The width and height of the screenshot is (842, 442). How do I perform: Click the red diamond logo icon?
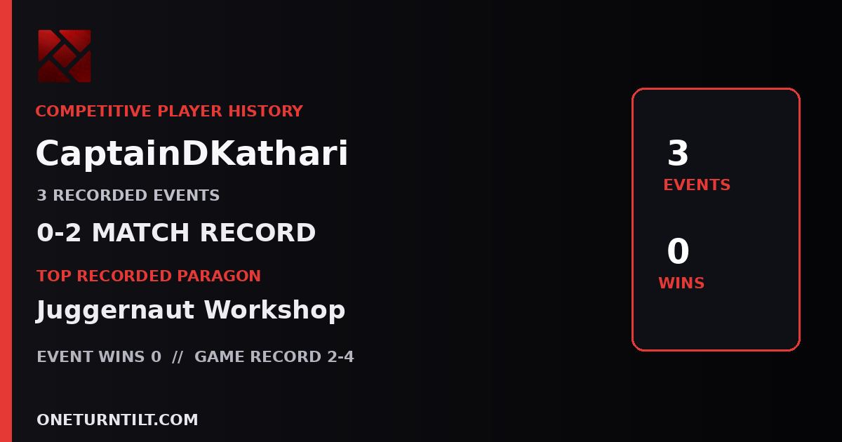coord(65,56)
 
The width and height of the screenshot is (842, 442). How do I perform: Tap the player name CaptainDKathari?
coord(192,154)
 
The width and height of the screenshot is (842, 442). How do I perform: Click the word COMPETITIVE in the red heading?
coord(93,112)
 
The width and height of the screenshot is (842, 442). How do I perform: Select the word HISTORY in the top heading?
coord(266,112)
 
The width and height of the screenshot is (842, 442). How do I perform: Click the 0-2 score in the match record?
coord(59,232)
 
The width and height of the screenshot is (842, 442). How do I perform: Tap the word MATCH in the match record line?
coord(140,232)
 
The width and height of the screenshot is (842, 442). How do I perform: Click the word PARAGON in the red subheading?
coord(219,276)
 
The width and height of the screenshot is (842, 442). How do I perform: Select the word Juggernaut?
coord(115,310)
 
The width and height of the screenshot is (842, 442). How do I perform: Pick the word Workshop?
coord(274,310)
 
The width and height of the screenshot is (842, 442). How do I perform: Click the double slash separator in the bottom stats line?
coord(178,356)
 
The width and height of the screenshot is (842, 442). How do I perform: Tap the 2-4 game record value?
coord(340,356)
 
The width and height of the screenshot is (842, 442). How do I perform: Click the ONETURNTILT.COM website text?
coord(117,420)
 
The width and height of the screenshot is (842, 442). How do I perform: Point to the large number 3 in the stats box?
coord(678,153)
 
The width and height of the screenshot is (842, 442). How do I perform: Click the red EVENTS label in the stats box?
coord(697,185)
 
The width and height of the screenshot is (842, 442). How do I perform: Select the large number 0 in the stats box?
coord(678,250)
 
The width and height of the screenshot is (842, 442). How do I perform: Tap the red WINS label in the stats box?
coord(681,283)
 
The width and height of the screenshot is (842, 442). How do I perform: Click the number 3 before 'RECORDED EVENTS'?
coord(41,196)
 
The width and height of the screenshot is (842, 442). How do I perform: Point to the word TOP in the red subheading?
coord(54,276)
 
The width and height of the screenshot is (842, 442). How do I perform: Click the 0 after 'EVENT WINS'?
coord(156,356)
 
